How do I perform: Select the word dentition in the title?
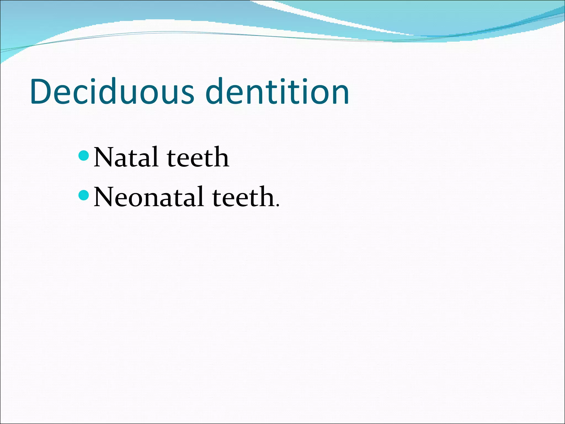click(x=277, y=92)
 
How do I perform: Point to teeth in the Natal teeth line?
click(x=198, y=157)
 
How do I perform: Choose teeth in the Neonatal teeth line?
click(x=243, y=197)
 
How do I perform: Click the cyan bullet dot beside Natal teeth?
click(x=84, y=156)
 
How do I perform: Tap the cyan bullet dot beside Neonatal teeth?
click(x=84, y=195)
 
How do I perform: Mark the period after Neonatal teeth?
click(x=278, y=205)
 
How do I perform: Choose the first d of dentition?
click(x=215, y=92)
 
